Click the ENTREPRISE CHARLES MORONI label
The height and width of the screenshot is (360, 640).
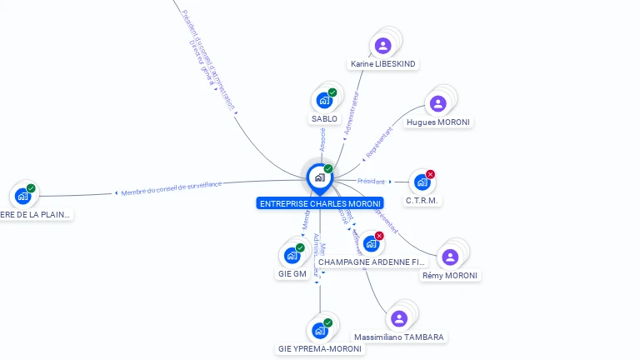coord(320,203)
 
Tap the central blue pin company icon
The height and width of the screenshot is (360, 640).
coord(320,177)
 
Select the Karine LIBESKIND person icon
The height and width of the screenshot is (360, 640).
coord(383,45)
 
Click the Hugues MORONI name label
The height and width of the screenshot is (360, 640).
coord(438,122)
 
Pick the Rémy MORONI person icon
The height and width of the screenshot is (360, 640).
coord(450,257)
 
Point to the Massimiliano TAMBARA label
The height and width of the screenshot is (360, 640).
coord(399,337)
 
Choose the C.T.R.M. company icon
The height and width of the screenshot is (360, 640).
coord(422,182)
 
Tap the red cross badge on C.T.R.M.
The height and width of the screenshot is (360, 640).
coord(431,174)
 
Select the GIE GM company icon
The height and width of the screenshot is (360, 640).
coord(292,256)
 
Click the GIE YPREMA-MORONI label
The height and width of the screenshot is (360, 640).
coord(320,349)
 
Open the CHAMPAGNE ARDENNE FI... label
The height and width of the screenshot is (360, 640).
coord(371,262)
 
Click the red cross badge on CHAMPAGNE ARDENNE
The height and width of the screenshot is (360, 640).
coord(380,236)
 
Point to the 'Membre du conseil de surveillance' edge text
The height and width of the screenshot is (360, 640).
coord(172,188)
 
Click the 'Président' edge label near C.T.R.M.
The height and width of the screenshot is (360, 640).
coord(372,181)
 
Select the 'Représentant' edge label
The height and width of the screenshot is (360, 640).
coord(379,143)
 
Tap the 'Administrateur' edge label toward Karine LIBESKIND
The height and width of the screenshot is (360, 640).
coord(352,114)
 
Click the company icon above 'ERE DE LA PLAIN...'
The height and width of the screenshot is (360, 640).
coord(22,197)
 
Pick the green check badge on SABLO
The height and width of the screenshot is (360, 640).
coord(332,92)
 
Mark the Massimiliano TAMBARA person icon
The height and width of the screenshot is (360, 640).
coord(399,318)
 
